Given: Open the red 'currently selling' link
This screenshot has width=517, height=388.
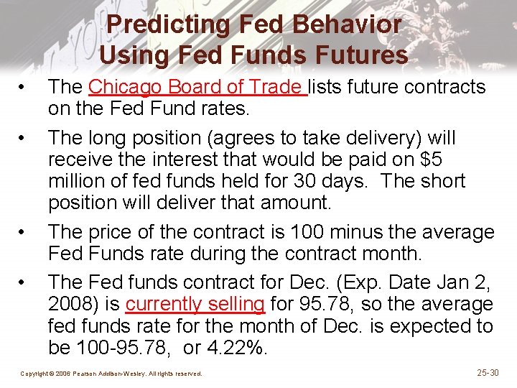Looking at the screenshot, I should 195,304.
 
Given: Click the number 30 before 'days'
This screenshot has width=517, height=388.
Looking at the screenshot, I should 331,181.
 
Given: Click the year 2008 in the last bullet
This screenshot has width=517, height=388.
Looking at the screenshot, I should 70,304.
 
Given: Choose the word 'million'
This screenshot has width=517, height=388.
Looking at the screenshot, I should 77,181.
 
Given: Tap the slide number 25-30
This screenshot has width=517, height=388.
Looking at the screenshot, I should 488,372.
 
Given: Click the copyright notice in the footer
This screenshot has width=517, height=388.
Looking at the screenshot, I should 111,374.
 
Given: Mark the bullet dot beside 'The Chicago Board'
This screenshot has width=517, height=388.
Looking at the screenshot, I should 24,88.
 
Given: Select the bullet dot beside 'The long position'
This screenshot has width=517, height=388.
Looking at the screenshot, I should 24,138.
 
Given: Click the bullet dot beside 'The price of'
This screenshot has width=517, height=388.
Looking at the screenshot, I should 24,232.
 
